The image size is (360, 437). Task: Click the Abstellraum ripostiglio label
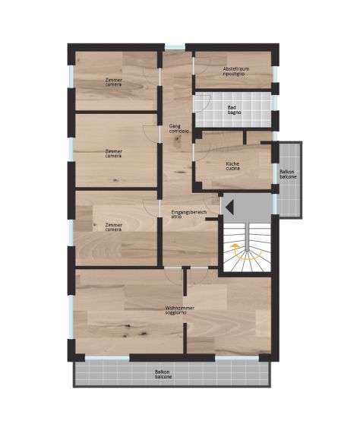coord(236,71)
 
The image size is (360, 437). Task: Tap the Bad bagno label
coord(234,110)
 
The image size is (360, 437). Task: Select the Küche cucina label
coord(232,166)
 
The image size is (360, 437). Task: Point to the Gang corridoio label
coord(178,128)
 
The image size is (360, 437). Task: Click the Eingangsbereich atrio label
coord(189,214)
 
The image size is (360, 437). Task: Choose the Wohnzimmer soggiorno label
coord(179,311)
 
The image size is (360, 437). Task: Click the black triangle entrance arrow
coord(229,207)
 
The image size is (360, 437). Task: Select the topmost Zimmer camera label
coord(114,82)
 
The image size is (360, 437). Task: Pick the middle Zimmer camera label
coord(114,154)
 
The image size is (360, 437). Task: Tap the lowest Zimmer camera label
coord(114,227)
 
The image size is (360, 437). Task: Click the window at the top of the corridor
coord(175,47)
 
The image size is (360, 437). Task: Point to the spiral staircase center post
coord(247,236)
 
